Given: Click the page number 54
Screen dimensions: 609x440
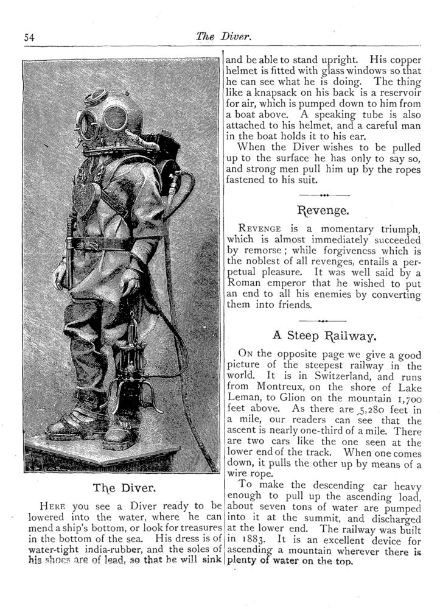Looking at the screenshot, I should click(x=29, y=37).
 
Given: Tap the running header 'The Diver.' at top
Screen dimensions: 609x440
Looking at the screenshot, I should click(x=223, y=37).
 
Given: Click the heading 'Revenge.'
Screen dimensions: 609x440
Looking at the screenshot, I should click(x=324, y=211).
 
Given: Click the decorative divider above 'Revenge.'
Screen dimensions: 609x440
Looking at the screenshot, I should click(x=324, y=195).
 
